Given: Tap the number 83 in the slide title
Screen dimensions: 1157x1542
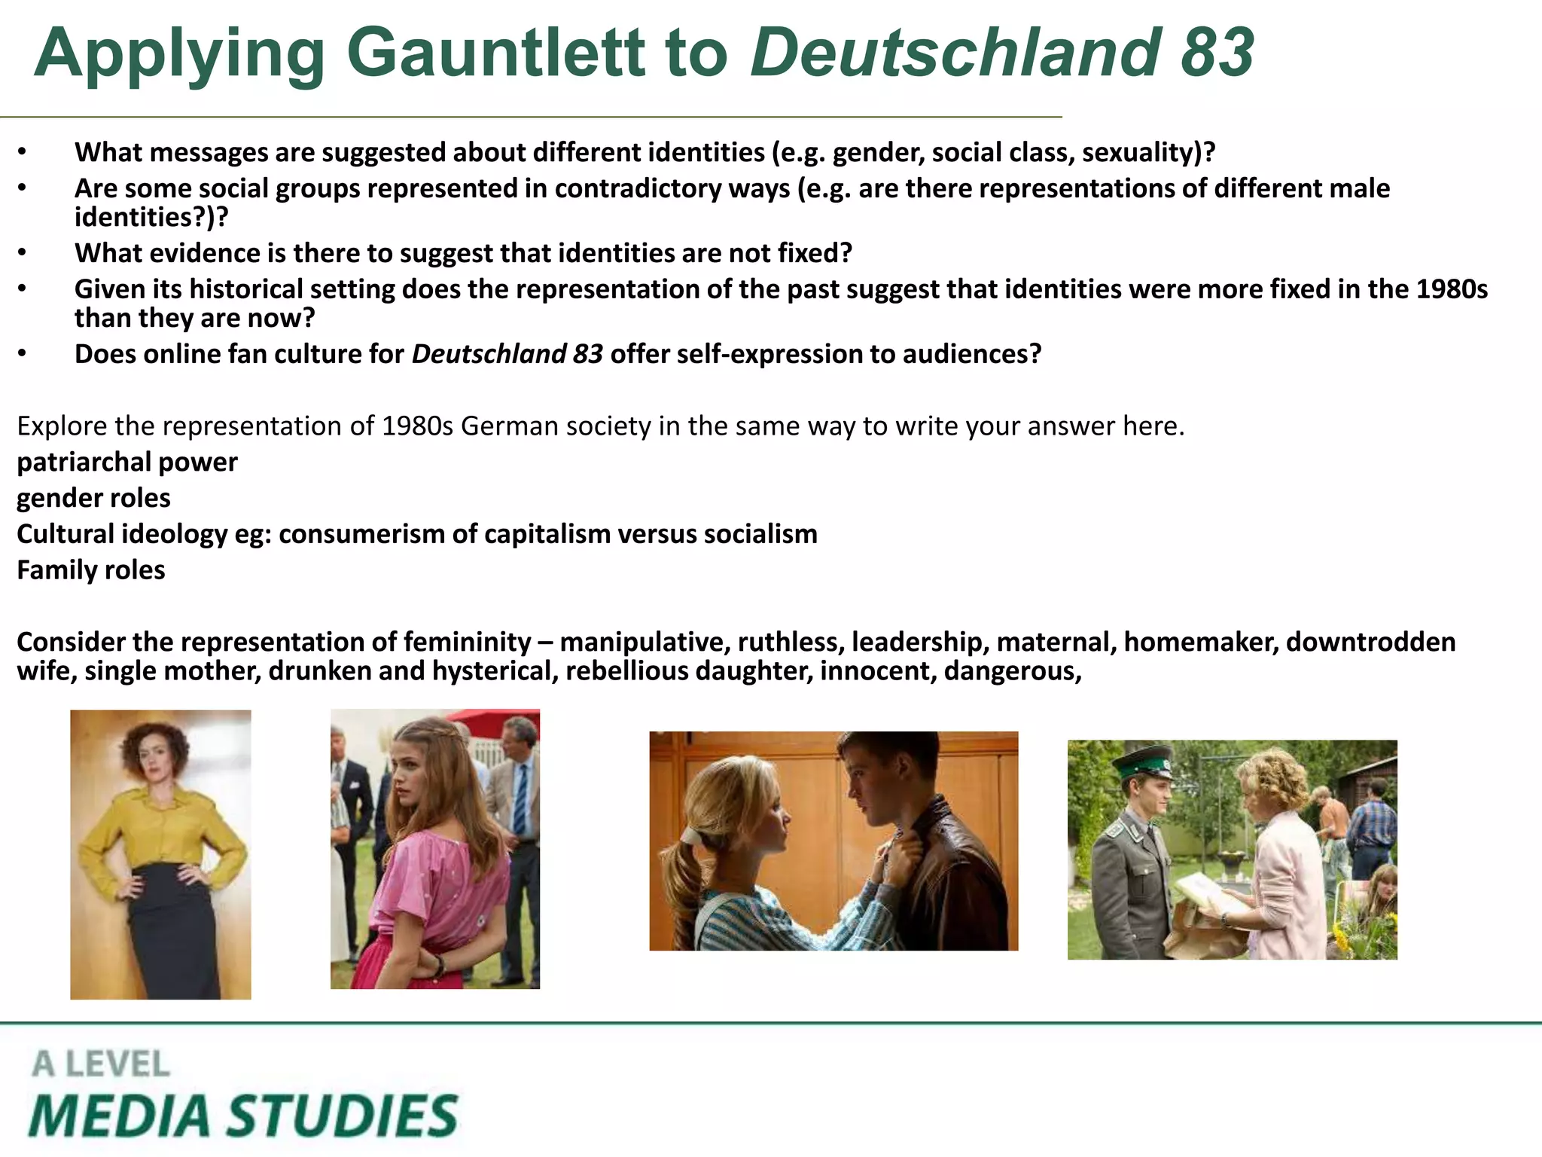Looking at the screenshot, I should (1217, 53).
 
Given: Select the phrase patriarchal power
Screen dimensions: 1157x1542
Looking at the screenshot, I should (126, 462).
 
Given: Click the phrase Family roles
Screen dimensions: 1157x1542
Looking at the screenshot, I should (91, 570).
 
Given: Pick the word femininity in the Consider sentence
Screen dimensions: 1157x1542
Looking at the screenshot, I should (467, 642).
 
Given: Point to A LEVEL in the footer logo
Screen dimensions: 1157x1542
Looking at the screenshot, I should (101, 1064).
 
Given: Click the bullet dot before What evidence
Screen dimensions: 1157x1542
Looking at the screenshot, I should (23, 253).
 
